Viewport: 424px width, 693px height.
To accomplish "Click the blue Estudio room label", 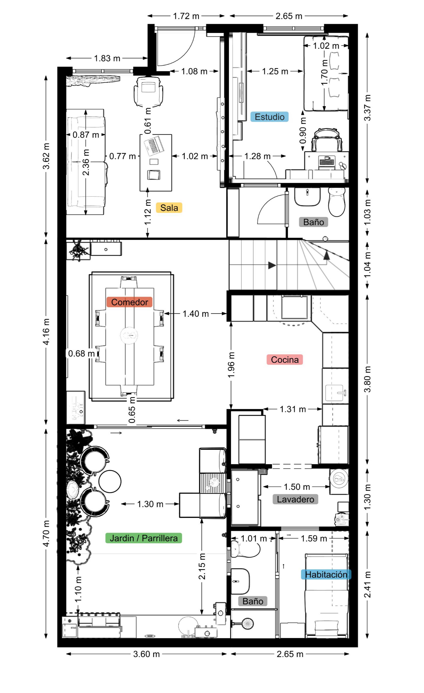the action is coord(269,117).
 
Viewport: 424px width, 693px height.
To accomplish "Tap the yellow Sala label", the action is coord(169,208).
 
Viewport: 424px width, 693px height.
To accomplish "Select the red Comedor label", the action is coord(129,302).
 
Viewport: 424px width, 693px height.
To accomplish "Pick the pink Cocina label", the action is coord(284,359).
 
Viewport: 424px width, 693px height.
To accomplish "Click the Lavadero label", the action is coord(295,499).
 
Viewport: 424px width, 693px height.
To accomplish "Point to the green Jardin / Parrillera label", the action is coord(144,538).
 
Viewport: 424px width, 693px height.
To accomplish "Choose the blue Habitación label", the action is coord(326,574).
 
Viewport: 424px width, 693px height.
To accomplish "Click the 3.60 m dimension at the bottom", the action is coord(146,654).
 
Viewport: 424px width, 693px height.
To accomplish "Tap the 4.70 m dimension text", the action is coord(46,533).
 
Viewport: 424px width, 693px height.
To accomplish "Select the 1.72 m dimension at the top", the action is coord(186,16).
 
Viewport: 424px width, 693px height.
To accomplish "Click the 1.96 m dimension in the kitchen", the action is coord(231,365).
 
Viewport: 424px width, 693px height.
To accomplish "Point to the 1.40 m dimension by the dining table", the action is coord(196,314).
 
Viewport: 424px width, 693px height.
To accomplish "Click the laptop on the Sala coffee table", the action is coord(153,145).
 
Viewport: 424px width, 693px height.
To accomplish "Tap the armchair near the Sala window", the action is coord(148,91).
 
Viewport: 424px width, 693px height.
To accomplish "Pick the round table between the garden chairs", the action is coord(110,481).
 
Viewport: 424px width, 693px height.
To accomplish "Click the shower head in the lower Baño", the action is coord(247,623).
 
